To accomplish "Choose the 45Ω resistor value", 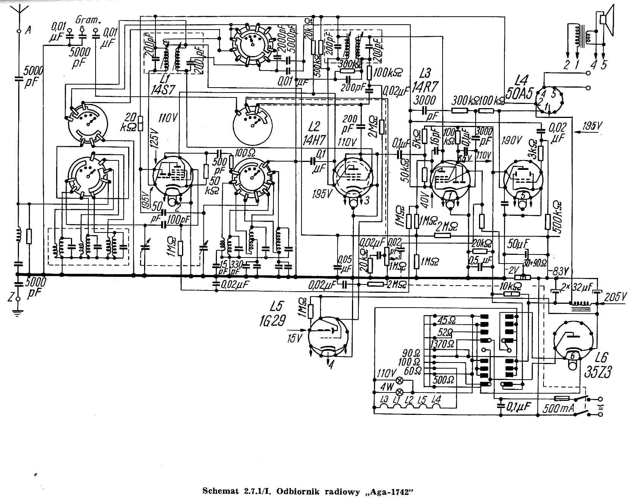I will (446, 320).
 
